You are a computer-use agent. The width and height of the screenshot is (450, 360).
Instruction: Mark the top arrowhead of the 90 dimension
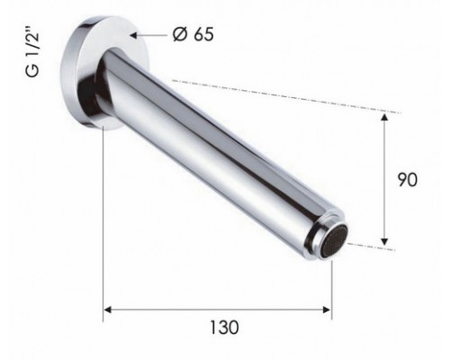(x=385, y=117)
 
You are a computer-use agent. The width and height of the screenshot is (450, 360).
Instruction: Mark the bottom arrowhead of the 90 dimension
(x=385, y=240)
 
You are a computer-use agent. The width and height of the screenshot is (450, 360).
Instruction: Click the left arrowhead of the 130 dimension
(x=109, y=310)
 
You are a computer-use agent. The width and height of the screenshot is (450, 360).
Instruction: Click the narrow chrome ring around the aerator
(x=319, y=236)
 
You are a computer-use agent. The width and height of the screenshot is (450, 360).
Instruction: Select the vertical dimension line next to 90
(x=385, y=180)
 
